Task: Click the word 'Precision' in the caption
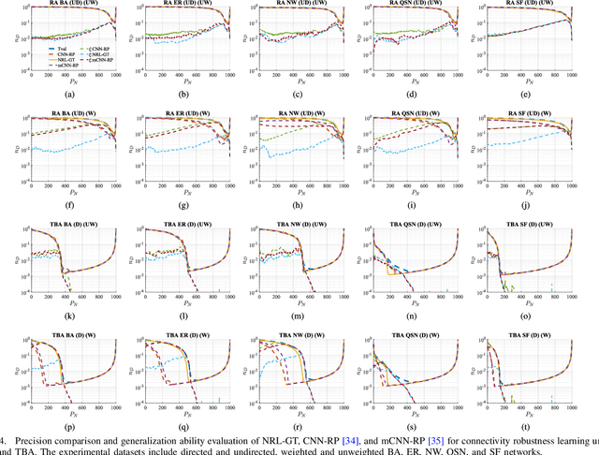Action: point(38,439)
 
